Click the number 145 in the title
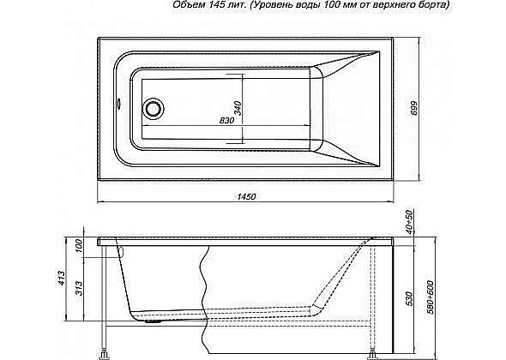tap(214, 6)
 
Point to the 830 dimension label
tap(226, 121)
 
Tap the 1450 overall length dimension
tap(245, 197)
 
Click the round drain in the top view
tap(154, 109)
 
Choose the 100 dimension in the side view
tap(80, 247)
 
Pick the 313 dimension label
tap(80, 285)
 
